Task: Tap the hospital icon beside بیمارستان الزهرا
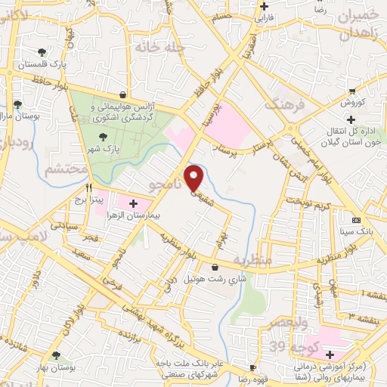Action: pos(134,204)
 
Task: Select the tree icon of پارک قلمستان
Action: pos(42,52)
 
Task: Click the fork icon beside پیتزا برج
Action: pos(89,188)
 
